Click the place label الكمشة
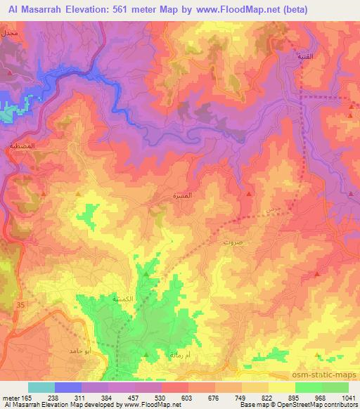(104, 299)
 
